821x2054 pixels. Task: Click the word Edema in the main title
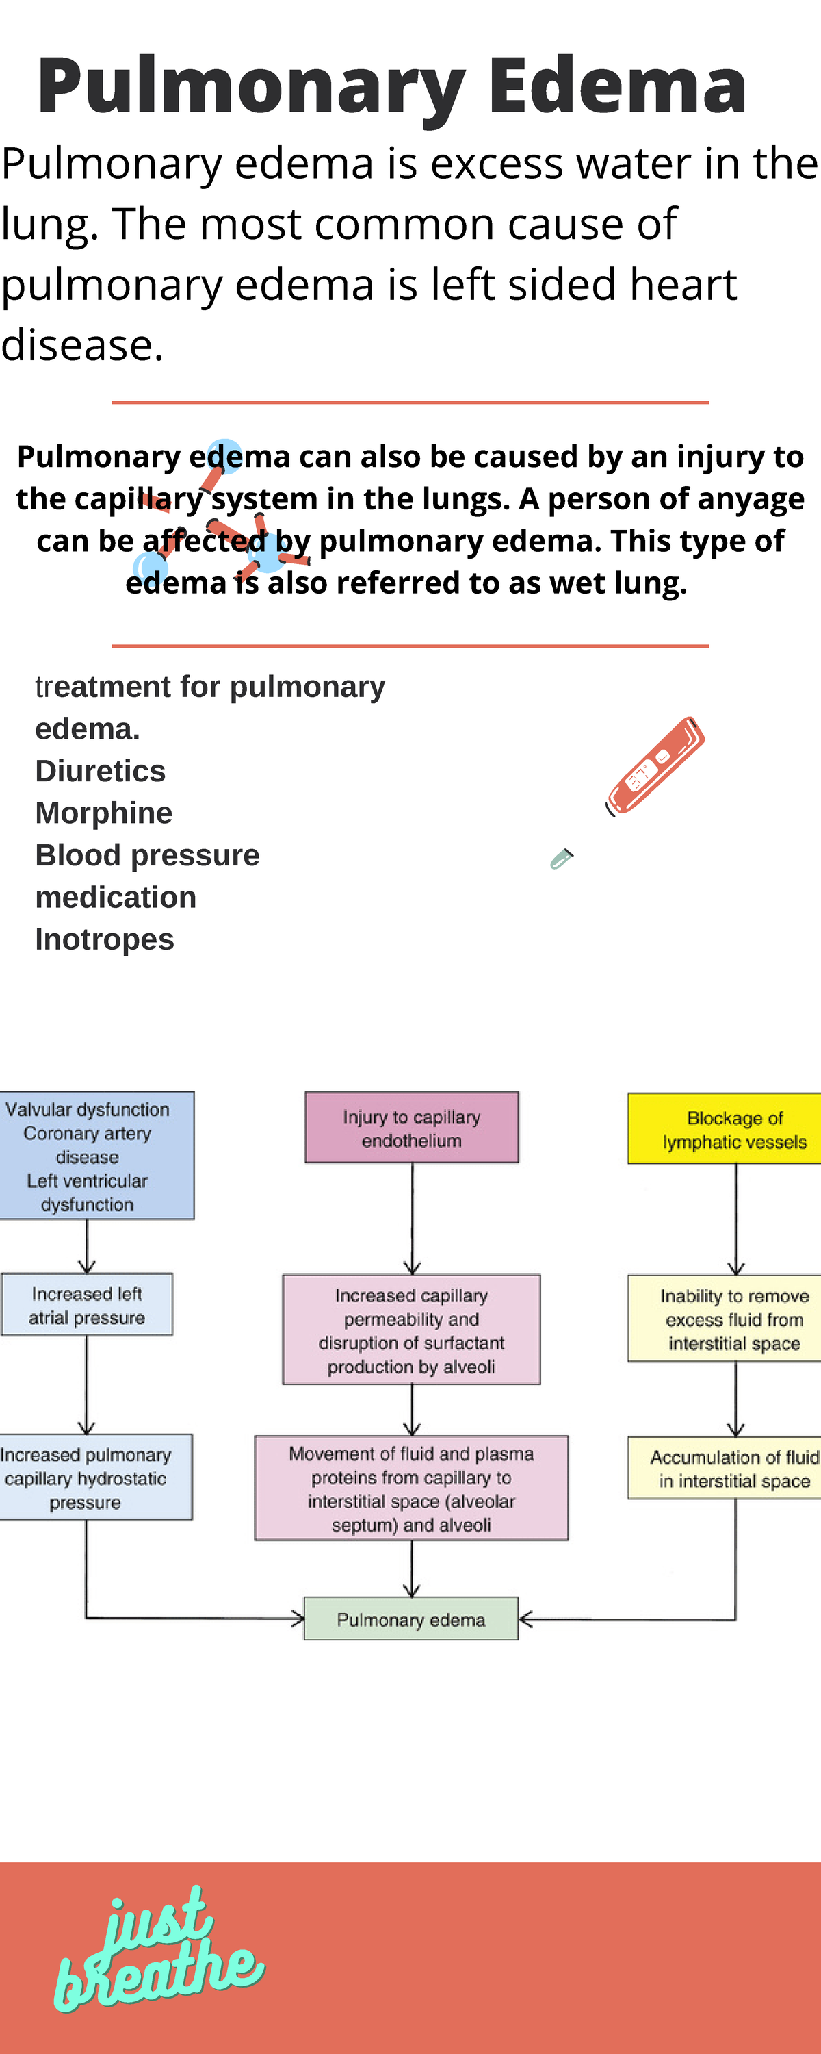point(617,86)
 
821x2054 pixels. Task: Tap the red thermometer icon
point(655,766)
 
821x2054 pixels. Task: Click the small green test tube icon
point(562,859)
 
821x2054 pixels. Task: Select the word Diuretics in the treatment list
point(101,771)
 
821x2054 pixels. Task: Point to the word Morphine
point(103,813)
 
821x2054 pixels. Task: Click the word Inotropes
point(105,939)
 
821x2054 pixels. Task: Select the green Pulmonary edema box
point(411,1619)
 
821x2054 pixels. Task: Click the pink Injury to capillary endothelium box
point(411,1128)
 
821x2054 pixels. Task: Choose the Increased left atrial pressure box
point(87,1305)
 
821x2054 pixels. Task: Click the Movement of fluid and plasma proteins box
point(411,1488)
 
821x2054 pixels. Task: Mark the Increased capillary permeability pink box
point(411,1330)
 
